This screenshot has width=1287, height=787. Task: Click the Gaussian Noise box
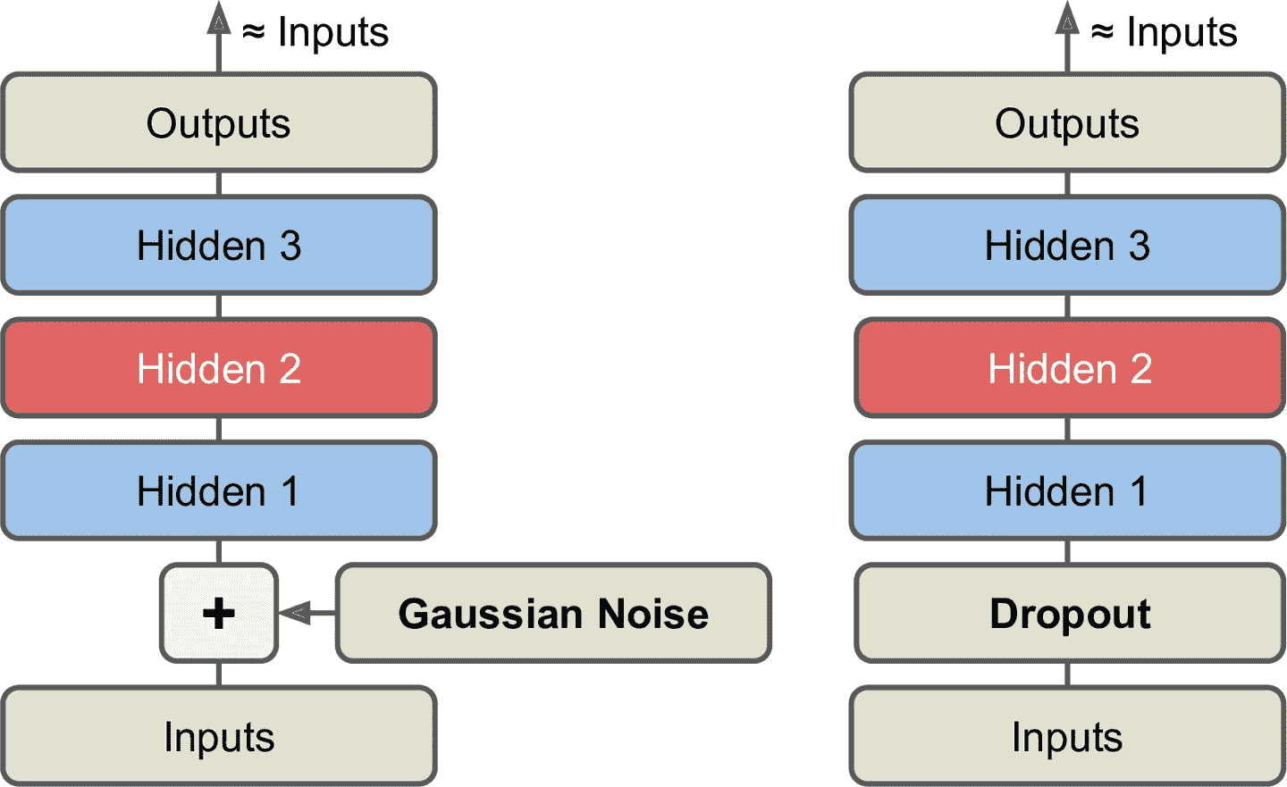tap(553, 613)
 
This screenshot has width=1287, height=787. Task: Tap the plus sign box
tap(219, 613)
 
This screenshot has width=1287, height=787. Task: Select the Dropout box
tap(1069, 613)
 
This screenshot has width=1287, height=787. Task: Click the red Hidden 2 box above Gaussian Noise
tap(219, 368)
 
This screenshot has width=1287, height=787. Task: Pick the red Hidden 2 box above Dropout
tap(1069, 368)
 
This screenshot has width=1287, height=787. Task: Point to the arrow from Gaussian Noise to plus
tap(304, 613)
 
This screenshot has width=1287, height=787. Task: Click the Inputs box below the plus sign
tap(219, 736)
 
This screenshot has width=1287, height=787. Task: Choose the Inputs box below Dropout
tap(1067, 736)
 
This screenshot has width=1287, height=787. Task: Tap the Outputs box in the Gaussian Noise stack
tap(219, 122)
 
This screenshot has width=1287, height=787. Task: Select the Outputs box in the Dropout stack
tap(1067, 122)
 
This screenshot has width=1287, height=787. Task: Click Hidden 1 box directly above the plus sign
tap(219, 490)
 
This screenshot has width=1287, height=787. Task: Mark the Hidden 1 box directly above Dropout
tap(1067, 490)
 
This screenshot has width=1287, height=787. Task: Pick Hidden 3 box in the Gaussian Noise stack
tap(219, 245)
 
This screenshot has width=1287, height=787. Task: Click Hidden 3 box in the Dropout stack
tap(1067, 245)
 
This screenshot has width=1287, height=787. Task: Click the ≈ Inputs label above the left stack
tap(315, 33)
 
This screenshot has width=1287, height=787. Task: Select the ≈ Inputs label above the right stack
tap(1164, 33)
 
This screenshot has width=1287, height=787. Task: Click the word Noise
tap(652, 614)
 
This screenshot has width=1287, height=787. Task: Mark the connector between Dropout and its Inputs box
tap(1067, 674)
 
